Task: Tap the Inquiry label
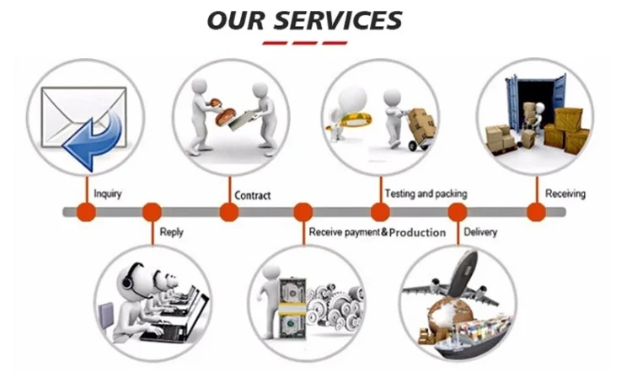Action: (x=107, y=194)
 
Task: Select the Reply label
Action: (x=171, y=231)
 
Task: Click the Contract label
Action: (x=253, y=195)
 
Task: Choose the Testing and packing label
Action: (x=426, y=194)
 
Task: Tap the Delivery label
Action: (x=480, y=231)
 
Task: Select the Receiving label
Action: (x=565, y=194)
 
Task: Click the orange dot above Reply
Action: (x=153, y=212)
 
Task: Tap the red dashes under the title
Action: (x=304, y=42)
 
